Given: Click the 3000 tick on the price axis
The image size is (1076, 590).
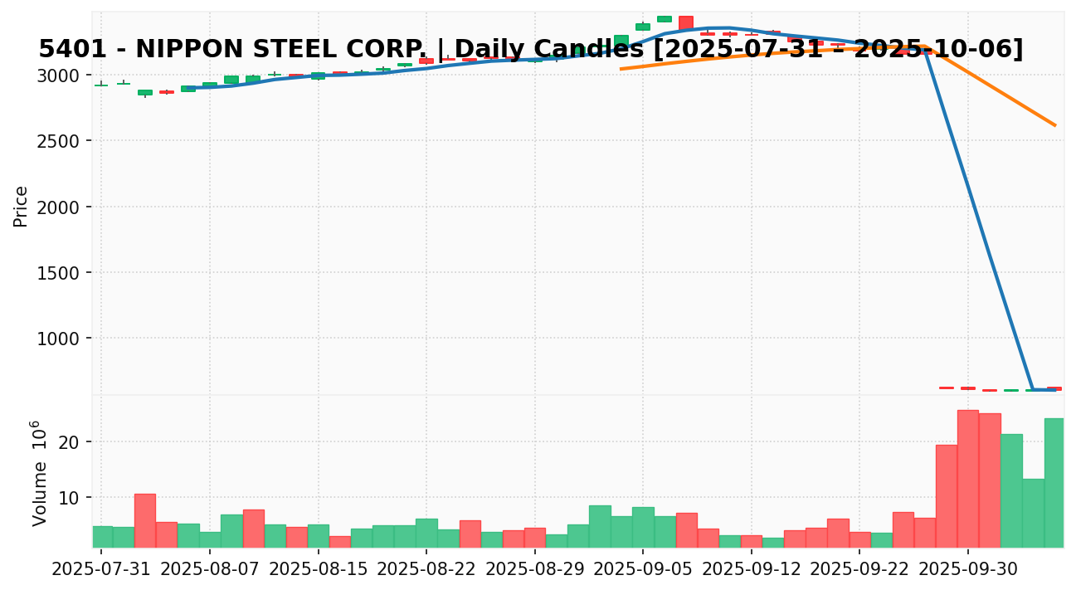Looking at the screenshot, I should coord(61,76).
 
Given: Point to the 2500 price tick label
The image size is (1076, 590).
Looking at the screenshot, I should coord(61,141).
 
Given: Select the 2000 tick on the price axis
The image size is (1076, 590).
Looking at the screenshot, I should coord(61,207).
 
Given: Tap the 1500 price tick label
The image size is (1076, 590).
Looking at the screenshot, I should coord(61,273).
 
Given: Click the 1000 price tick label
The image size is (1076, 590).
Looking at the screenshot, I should coord(61,339).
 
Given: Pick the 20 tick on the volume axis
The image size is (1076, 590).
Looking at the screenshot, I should coord(69,442).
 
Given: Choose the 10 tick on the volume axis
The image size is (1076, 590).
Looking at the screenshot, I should coord(69,498).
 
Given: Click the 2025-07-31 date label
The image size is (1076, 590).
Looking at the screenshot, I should coord(101,570).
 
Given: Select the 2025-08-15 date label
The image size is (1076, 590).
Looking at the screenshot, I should coord(319,570).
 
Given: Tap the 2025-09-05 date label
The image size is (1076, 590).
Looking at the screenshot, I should coord(643,570).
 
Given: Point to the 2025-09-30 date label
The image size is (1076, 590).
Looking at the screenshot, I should coord(968,570).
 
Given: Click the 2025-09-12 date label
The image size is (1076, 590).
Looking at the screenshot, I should coord(752,570).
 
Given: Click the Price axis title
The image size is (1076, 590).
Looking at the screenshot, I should coord(22,207).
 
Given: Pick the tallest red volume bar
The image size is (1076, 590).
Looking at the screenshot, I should coord(968,478).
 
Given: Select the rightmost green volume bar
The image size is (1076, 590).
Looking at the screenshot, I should coord(1054,482).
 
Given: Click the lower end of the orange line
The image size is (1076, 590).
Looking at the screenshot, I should coord(1055,125).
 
